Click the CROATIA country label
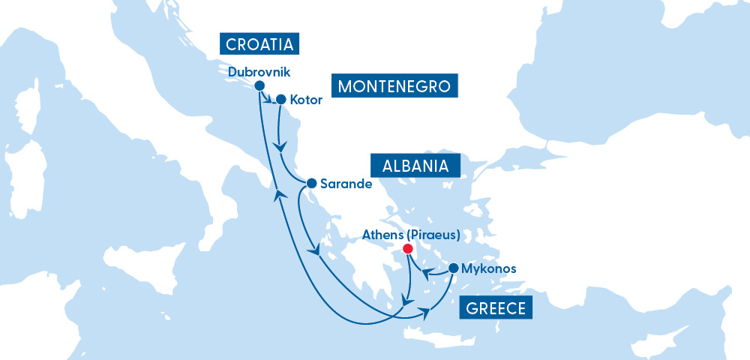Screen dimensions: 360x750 pyautogui.click(x=259, y=43)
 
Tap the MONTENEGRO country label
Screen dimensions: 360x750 pyautogui.click(x=394, y=86)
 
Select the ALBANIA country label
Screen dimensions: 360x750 pyautogui.click(x=415, y=166)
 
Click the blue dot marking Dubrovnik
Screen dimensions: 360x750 pyautogui.click(x=259, y=85)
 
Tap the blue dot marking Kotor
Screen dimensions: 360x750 pyautogui.click(x=281, y=98)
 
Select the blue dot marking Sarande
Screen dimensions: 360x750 pyautogui.click(x=311, y=182)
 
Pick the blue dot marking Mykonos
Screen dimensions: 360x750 pyautogui.click(x=453, y=268)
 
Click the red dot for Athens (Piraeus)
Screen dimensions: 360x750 pyautogui.click(x=407, y=248)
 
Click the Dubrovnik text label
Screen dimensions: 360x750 pyautogui.click(x=258, y=72)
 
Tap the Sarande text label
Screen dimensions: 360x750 pyautogui.click(x=346, y=183)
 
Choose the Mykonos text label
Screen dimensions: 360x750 pyautogui.click(x=490, y=268)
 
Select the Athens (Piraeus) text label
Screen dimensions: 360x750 pyautogui.click(x=411, y=234)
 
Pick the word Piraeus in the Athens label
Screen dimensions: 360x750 pyautogui.click(x=438, y=234)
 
